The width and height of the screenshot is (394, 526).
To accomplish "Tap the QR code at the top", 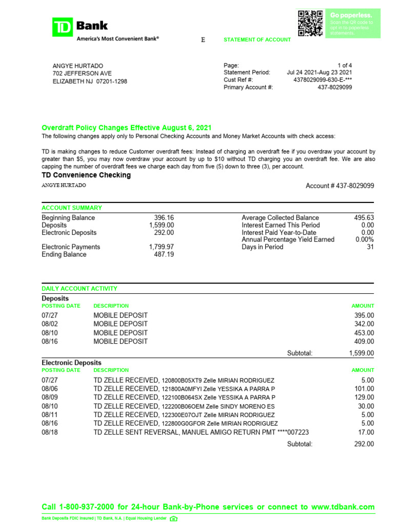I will (x=310, y=23).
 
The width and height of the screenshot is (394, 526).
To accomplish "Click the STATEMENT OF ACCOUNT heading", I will (x=257, y=40).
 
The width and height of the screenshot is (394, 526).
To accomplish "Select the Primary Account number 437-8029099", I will (x=335, y=87).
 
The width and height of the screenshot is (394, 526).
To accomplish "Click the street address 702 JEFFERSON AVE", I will (x=82, y=73).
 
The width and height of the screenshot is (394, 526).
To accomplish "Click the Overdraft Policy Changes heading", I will (x=126, y=128).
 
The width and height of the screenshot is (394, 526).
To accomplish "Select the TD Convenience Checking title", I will (x=86, y=175).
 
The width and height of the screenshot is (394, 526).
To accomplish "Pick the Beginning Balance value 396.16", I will (x=164, y=218).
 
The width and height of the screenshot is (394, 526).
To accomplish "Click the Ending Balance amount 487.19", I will (x=164, y=254).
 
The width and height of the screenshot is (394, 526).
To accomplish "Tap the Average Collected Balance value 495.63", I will (x=364, y=218).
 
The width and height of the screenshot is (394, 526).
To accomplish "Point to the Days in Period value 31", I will (x=370, y=247).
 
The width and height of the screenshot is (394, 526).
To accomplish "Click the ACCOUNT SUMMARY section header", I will (x=72, y=208).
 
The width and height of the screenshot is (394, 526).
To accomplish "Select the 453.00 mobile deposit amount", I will (x=364, y=332).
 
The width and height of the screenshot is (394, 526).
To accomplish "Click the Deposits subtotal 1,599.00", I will (x=361, y=353).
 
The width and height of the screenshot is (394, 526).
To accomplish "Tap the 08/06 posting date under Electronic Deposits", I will (x=50, y=389).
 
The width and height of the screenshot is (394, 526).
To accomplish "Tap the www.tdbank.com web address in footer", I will (x=342, y=507).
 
